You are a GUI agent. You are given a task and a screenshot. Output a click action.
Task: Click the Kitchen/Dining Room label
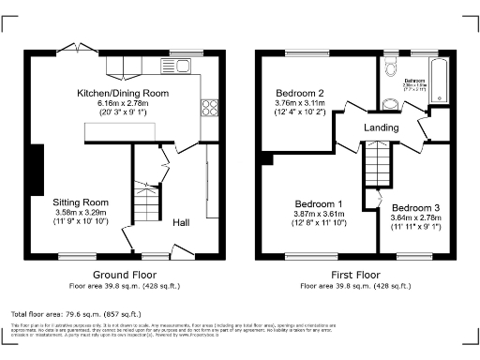pos(123,93)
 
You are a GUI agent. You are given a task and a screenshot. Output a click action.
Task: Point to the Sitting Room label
pos(82,202)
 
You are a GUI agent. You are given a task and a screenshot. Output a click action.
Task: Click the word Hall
pos(184,222)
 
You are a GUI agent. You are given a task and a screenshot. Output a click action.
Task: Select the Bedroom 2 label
pos(300,93)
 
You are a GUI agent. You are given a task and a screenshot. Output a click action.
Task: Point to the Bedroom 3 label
pos(415,207)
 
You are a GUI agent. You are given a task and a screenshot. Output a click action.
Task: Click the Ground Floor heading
pos(116,276)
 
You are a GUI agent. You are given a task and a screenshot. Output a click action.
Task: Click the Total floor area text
pos(76,312)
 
